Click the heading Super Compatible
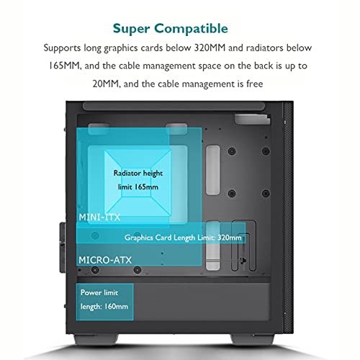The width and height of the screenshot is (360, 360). tap(171, 29)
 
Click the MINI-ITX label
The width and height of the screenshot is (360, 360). tap(99, 217)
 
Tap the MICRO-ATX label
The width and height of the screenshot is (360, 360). tap(105, 260)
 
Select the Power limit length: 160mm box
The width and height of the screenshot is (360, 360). tap(104, 302)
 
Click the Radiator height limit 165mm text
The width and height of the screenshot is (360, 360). tap(138, 180)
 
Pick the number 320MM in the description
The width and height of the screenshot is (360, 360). tap(210, 48)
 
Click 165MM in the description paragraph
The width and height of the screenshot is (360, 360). tap(64, 66)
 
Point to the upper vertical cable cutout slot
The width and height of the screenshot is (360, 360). tap(213, 170)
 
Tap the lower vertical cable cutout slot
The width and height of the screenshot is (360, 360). tap(213, 246)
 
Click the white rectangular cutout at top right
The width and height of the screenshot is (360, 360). tap(253, 120)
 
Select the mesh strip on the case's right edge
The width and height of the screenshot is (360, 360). tap(288, 217)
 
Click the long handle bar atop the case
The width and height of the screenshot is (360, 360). tap(174, 107)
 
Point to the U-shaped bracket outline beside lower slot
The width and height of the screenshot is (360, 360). tap(243, 246)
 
